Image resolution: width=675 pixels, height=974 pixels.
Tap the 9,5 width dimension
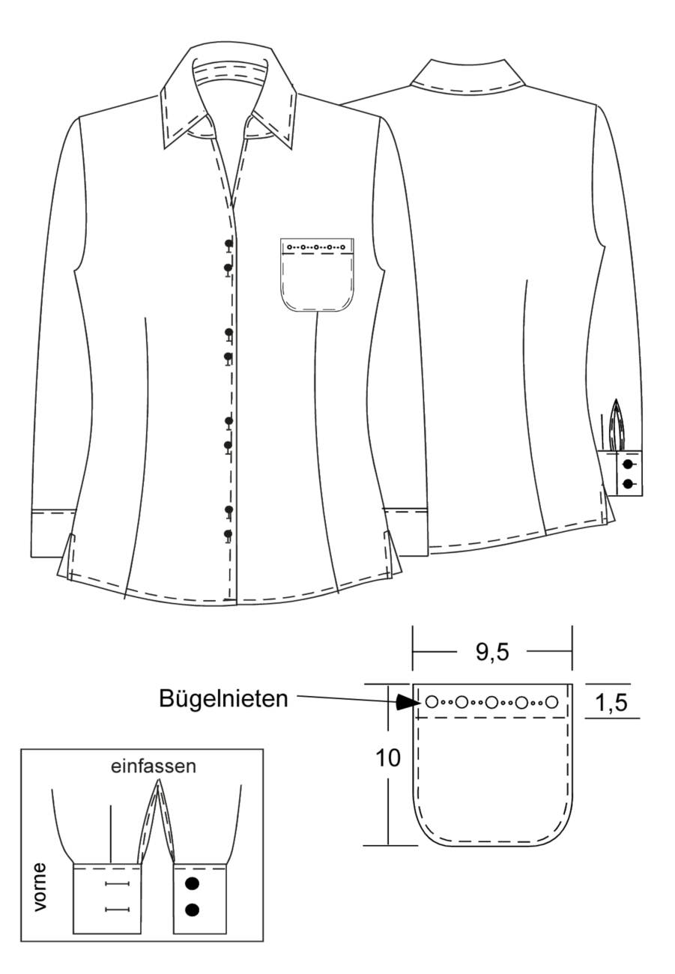[492, 653]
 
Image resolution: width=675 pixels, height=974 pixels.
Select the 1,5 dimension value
[611, 702]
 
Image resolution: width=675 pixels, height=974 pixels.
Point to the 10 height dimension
[387, 758]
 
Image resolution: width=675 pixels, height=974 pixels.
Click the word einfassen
[153, 766]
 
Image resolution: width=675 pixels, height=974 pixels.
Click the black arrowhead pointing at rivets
[406, 701]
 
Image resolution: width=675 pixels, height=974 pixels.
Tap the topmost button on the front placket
[228, 244]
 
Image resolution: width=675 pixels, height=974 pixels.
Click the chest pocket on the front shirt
[317, 275]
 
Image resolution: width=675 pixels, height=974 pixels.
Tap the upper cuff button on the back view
[628, 465]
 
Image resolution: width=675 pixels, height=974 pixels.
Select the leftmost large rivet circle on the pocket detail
[432, 702]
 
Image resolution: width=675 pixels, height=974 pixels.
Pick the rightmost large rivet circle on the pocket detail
[551, 702]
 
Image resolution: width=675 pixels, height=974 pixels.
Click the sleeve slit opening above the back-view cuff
[617, 426]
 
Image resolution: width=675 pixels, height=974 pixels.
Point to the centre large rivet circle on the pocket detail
[491, 702]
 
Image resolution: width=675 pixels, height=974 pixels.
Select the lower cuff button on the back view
[628, 483]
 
